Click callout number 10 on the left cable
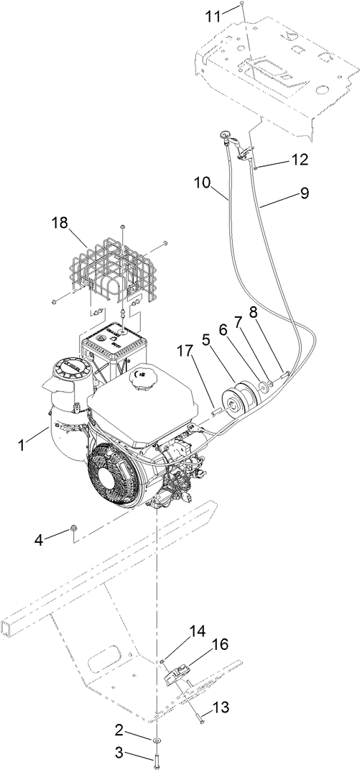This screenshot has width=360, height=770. coord(203,183)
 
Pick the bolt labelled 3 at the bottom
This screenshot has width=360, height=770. coord(157,758)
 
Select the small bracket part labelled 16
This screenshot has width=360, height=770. coord(177,674)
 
